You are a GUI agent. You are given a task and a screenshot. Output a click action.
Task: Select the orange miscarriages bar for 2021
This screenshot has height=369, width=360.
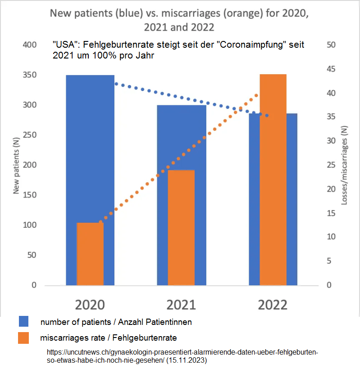coord(181,227)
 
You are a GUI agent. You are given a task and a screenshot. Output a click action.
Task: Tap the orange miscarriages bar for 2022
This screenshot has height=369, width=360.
coord(273,180)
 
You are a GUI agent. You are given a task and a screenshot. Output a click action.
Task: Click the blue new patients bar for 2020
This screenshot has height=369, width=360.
coord(90,148)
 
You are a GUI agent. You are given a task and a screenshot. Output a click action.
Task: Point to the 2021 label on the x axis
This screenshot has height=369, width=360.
coord(181,305)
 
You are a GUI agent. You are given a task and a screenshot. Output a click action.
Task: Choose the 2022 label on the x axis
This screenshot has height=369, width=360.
coord(273,305)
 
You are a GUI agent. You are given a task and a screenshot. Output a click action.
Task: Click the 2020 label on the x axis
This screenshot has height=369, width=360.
coord(90,305)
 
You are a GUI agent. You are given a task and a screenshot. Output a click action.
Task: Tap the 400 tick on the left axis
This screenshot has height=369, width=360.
coord(28,45)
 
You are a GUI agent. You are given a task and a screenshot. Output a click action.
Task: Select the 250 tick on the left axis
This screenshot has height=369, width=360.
coord(28,135)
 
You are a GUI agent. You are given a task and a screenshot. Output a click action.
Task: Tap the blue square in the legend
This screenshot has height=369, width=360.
coord(24,321)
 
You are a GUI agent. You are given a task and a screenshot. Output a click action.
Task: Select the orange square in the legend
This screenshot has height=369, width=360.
coord(24,337)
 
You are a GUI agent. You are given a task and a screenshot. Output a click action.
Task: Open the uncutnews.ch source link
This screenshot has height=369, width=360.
coord(182,352)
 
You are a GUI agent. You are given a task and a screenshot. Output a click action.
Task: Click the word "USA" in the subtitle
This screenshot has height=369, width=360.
coord(64,45)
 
